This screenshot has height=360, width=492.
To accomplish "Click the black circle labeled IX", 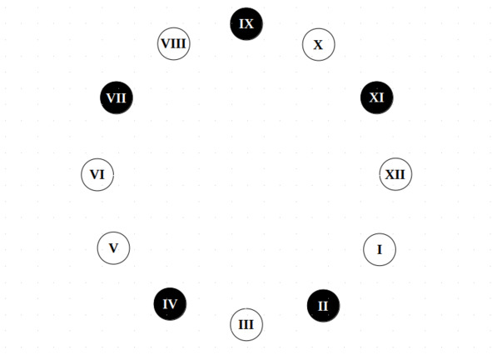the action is (x=246, y=24).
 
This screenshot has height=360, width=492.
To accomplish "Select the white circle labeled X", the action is (x=319, y=45).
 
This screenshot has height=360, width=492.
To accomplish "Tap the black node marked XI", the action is (x=376, y=97).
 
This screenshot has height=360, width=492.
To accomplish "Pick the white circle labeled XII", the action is (x=395, y=174).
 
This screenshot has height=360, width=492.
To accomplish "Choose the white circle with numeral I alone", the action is (x=380, y=249).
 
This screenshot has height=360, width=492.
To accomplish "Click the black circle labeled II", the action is (x=323, y=306).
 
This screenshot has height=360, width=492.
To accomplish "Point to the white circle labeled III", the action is (x=246, y=324).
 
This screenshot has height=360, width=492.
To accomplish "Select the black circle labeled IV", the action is (x=170, y=304).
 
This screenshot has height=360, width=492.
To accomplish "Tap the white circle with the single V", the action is (x=113, y=247).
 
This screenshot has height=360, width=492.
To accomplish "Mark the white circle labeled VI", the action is (x=97, y=175).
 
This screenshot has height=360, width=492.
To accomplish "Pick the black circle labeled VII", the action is (x=117, y=97).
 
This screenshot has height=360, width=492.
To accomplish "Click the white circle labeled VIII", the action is (x=173, y=43).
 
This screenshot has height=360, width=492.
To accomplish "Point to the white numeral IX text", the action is (x=246, y=24).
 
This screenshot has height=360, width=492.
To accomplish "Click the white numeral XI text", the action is (x=376, y=97).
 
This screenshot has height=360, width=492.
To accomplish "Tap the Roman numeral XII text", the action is (x=395, y=174).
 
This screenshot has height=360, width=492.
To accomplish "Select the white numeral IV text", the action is (x=170, y=304).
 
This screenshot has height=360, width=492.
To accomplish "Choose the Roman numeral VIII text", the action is (x=173, y=43).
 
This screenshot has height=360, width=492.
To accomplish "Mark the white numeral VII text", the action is (x=117, y=98).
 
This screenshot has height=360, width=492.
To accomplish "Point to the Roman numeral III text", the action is (x=246, y=324).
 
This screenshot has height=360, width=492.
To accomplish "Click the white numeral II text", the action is (x=323, y=306).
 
